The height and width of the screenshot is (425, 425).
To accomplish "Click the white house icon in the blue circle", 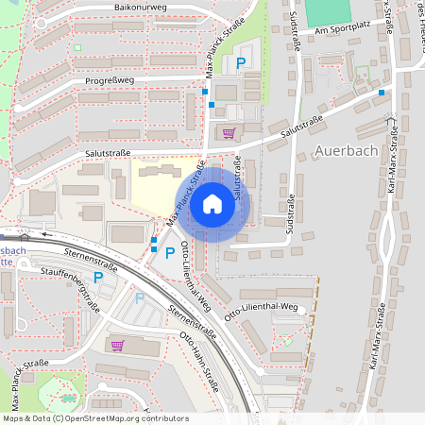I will (x=212, y=203).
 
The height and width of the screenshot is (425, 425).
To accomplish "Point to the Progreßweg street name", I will (x=110, y=80).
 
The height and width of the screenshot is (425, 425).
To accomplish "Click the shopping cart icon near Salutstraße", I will (x=228, y=133).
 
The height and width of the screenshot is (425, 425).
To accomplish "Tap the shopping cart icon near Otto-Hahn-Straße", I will (x=117, y=345).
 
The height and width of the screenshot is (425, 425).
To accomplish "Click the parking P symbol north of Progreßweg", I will (x=241, y=62).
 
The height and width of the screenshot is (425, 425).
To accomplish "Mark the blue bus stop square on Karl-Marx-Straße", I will (x=382, y=93).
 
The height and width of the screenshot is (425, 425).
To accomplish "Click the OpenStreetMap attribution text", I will (x=95, y=417).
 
